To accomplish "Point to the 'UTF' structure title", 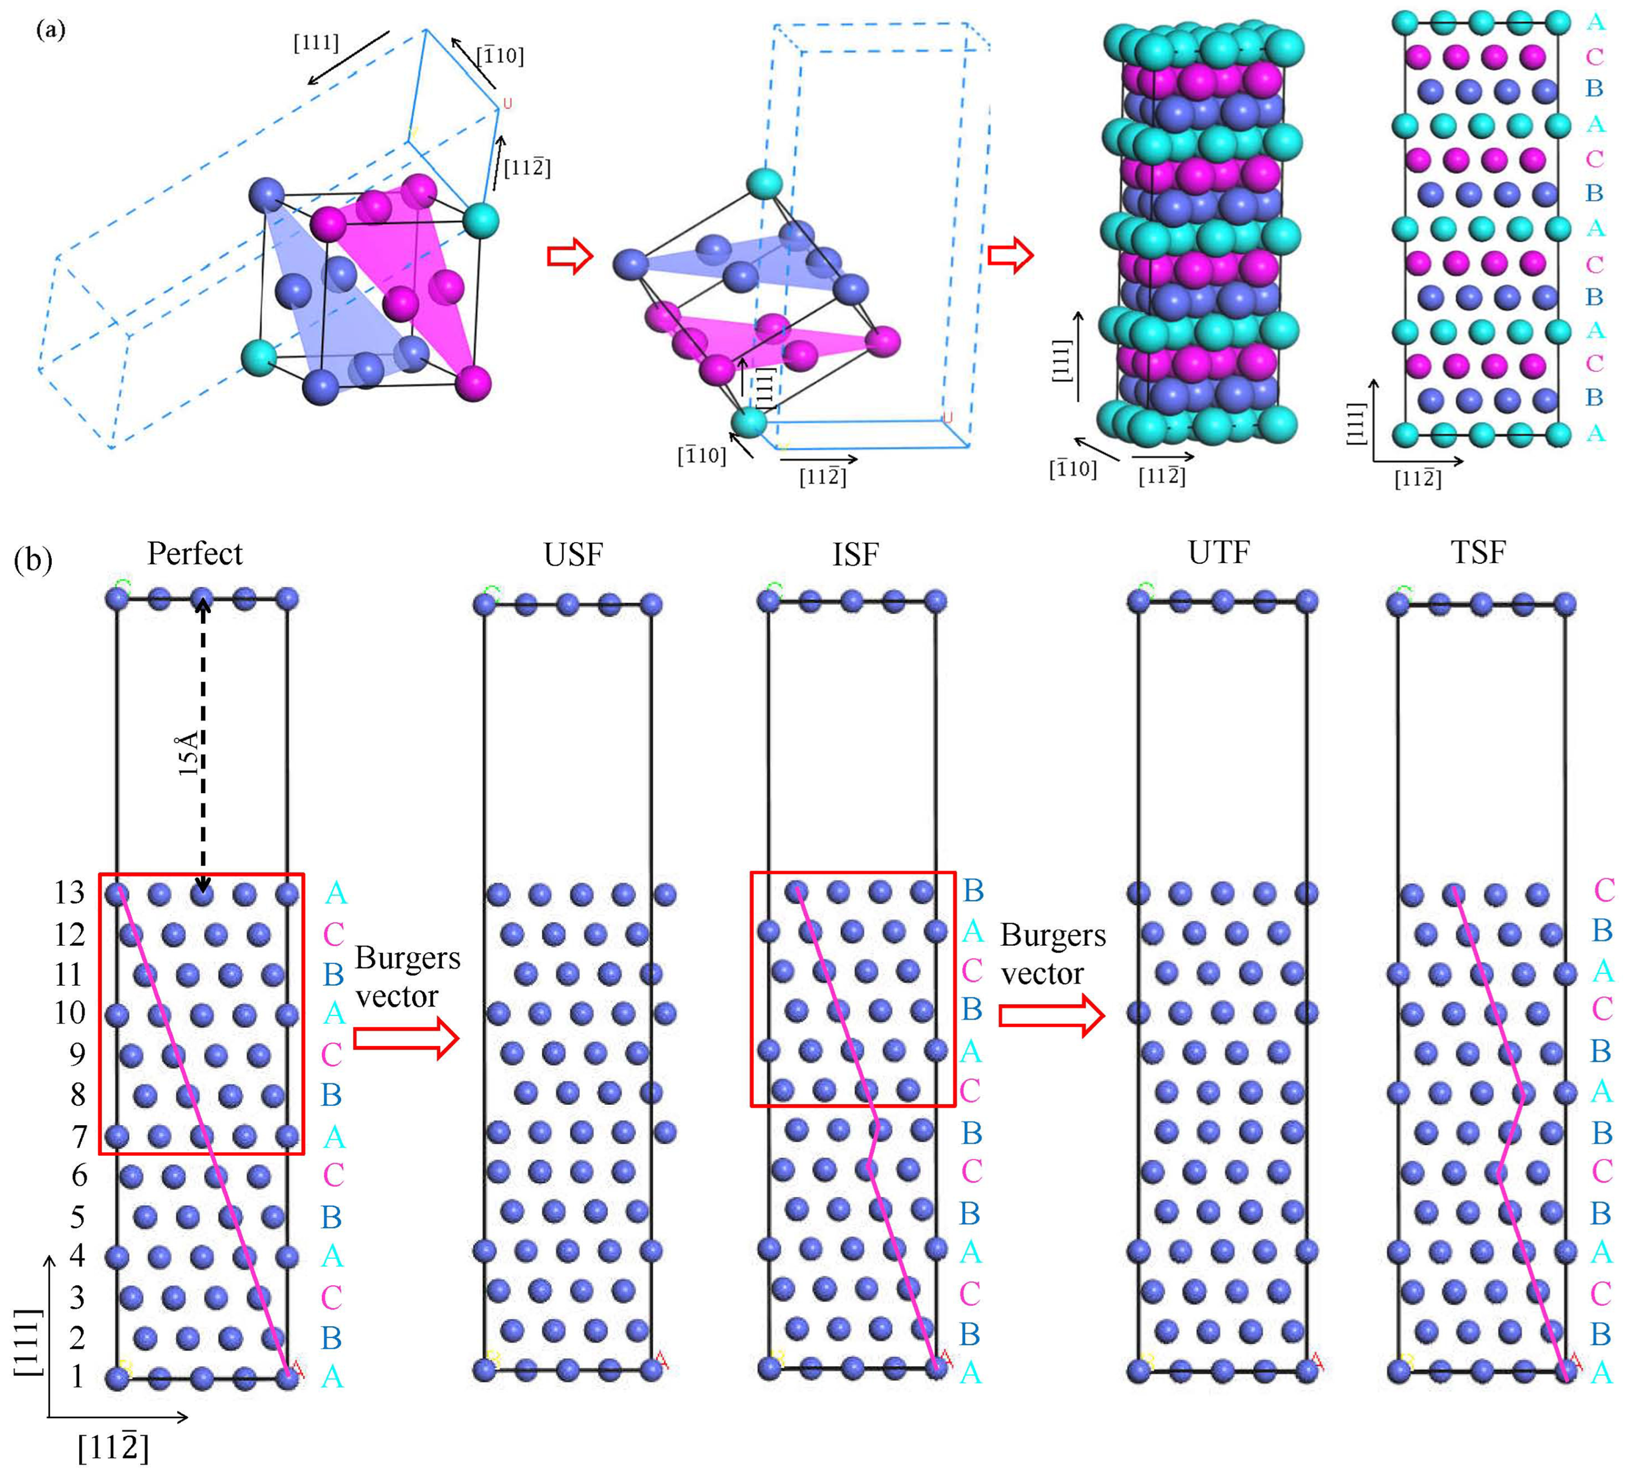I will tap(1218, 553).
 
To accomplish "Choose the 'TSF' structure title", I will tap(1478, 553).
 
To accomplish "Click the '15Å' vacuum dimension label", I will tap(188, 754).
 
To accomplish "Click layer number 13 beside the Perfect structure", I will tap(69, 892).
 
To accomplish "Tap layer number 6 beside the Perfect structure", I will tap(78, 1175).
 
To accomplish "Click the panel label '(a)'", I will tap(51, 31).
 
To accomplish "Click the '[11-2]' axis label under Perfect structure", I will tap(113, 1447).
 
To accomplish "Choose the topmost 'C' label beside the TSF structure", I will tap(1604, 890).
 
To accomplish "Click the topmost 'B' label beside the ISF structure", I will tap(973, 890).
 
